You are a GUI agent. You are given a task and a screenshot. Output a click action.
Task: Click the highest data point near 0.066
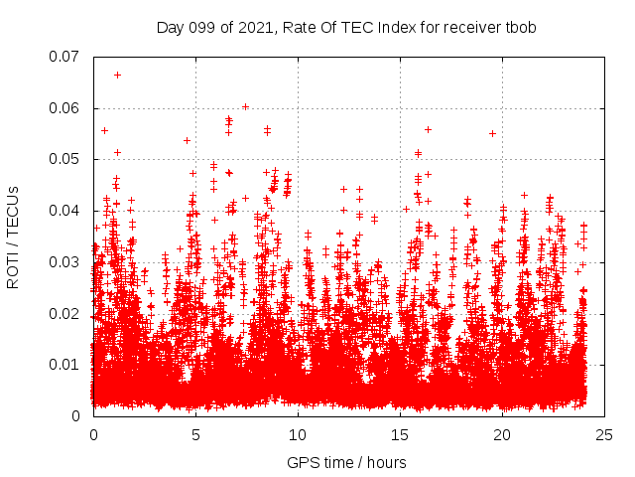117,75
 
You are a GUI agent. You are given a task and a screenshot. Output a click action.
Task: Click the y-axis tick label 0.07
64,57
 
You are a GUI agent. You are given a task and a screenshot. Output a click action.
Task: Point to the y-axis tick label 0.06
64,108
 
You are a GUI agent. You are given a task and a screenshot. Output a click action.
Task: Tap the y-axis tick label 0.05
64,159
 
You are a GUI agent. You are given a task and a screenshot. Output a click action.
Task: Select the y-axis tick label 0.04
64,211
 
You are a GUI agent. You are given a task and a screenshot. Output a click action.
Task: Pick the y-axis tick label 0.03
64,262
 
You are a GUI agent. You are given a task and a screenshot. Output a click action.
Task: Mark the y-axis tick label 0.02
64,313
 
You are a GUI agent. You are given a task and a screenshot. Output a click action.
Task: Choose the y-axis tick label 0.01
64,365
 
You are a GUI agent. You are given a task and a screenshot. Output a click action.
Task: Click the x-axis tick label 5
195,435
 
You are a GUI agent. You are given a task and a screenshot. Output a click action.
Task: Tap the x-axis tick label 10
298,435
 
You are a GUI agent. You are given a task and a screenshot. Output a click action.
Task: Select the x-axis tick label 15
400,435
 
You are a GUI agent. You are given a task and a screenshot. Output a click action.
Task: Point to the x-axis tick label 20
502,435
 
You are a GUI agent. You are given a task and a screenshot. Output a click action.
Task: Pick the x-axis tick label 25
604,435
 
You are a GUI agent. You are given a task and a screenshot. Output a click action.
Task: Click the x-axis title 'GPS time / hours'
346,462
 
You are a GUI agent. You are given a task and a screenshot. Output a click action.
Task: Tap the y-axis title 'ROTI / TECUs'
14,237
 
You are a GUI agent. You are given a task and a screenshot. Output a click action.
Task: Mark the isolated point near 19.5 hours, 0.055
492,133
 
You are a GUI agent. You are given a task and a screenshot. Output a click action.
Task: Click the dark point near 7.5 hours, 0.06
245,106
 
